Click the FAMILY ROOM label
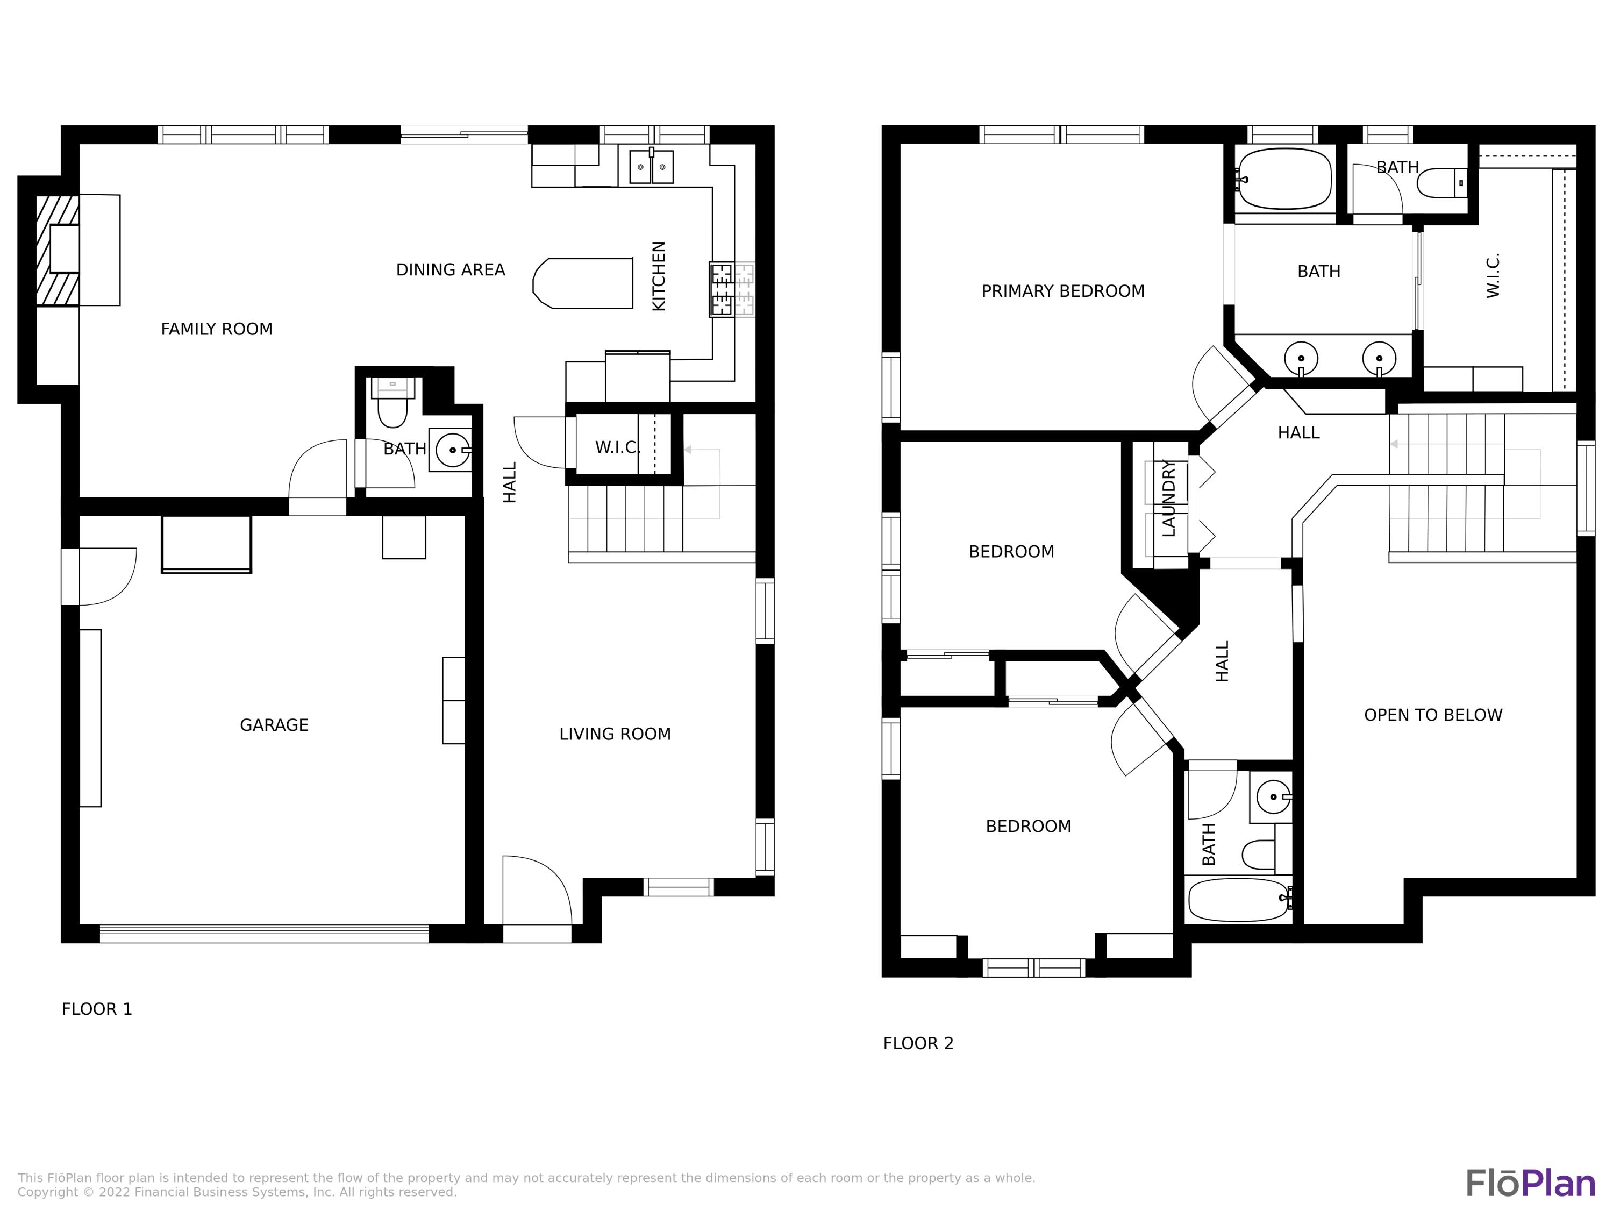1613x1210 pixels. point(217,329)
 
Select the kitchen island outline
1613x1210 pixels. point(583,283)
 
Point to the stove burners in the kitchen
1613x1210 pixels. point(722,289)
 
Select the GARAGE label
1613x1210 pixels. point(274,725)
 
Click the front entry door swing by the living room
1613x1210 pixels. point(536,890)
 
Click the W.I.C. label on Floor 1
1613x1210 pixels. point(617,447)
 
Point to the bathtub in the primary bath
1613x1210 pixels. point(1285,179)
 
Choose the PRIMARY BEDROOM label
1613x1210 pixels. point(1062,291)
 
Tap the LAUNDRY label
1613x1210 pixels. point(1169,498)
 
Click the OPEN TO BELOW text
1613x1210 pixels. point(1433,715)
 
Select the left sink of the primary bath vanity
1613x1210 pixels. point(1301,358)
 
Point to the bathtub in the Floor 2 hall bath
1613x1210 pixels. point(1238,899)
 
